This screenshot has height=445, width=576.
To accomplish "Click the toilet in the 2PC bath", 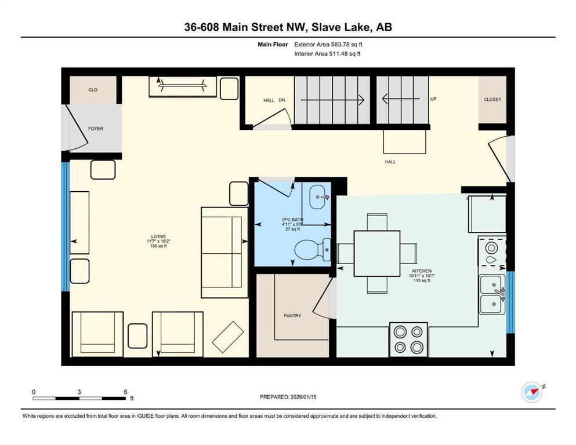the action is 312,250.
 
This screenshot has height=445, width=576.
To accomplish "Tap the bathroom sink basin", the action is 318,197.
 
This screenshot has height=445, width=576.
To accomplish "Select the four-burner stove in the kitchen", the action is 408,340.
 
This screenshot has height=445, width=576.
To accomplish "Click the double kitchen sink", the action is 492,294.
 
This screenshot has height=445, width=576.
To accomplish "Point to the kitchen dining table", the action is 377,254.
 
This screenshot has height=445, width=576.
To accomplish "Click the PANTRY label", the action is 292,316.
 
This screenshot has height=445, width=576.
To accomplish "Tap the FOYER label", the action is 96,129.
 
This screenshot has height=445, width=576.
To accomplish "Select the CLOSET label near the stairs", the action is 492,100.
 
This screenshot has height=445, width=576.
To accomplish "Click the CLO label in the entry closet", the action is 93,89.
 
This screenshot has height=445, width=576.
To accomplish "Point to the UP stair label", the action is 433,99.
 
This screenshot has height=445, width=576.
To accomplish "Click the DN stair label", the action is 282,100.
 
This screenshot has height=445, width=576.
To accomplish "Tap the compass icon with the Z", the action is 532,392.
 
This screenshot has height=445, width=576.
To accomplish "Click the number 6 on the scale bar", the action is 126,392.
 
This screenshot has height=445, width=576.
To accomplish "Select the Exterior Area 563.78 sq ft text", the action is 328,45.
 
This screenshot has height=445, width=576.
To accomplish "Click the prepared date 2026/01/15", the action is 303,397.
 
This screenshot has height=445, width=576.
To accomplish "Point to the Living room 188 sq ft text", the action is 158,246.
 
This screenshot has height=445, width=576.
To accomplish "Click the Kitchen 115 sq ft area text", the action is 422,280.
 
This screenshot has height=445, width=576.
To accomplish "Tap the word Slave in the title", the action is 327,27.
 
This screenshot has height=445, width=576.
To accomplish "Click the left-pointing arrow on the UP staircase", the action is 401,99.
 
